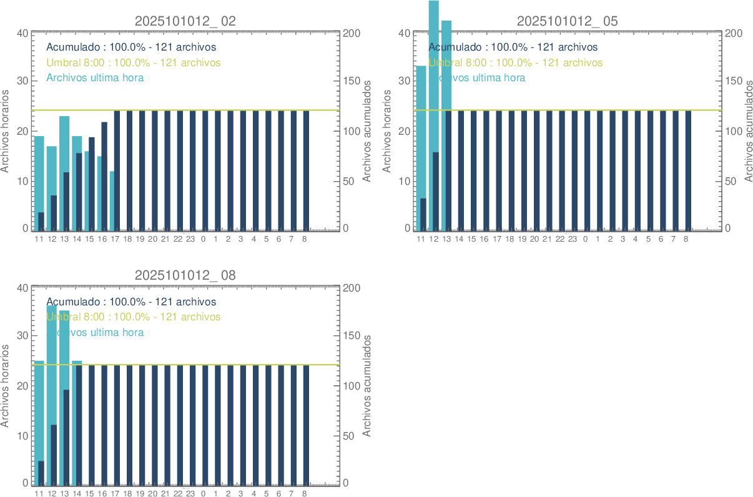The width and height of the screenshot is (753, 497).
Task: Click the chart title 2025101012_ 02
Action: pyautogui.click(x=185, y=21)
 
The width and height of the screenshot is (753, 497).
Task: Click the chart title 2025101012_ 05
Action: pyautogui.click(x=568, y=21)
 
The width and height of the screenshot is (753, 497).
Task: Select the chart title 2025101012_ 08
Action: pyautogui.click(x=185, y=275)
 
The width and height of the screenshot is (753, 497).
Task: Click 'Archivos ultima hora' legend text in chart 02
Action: pyautogui.click(x=96, y=78)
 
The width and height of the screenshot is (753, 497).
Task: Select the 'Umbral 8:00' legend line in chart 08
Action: pyautogui.click(x=134, y=317)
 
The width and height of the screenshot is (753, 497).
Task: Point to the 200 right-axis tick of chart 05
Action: pyautogui.click(x=733, y=33)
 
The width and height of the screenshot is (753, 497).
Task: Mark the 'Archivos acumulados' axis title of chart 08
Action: pyautogui.click(x=367, y=385)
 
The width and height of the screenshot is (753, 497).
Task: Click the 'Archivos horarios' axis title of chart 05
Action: pyautogui.click(x=386, y=130)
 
